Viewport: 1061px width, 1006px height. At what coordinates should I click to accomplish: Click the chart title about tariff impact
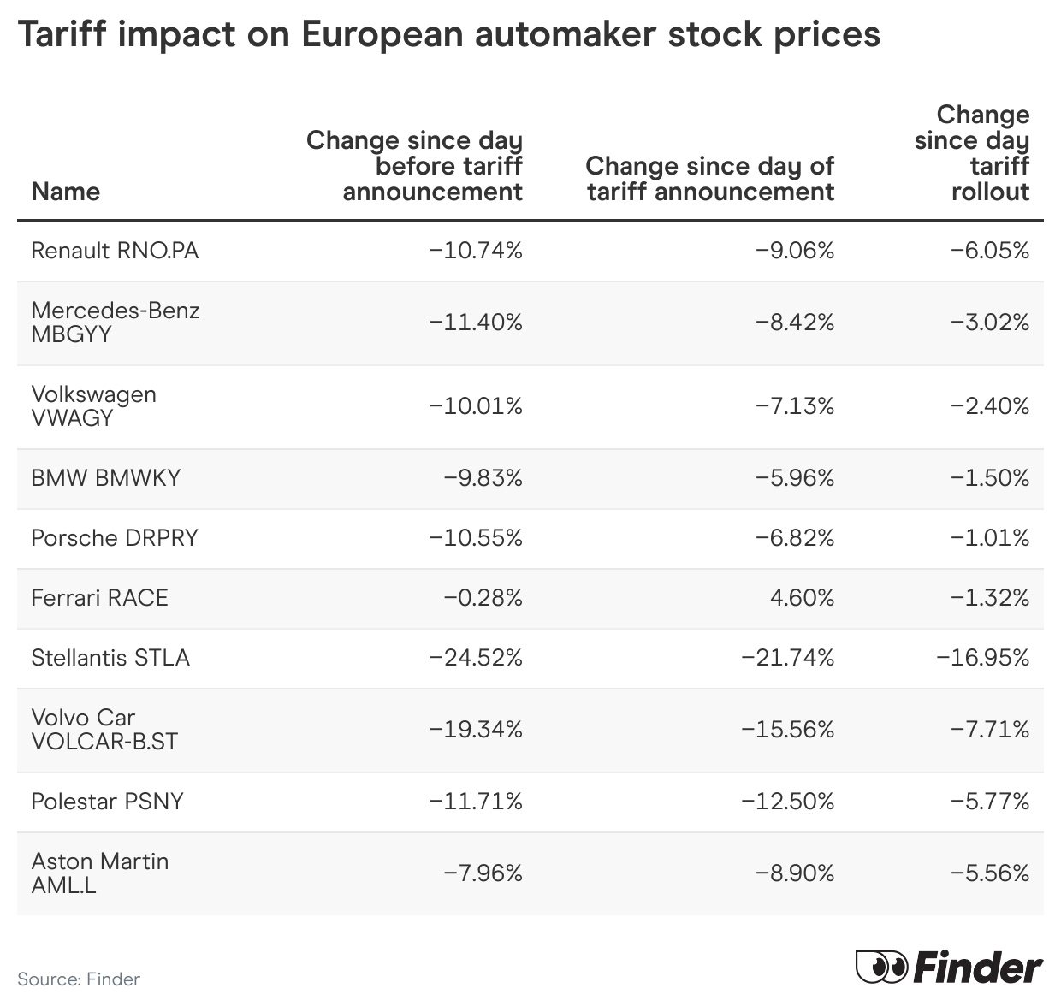click(x=448, y=34)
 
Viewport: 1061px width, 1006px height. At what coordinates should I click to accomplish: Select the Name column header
click(x=65, y=191)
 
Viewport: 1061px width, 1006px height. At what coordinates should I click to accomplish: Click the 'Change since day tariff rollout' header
click(x=972, y=153)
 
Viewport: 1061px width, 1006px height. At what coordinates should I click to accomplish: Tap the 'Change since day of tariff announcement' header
click(x=709, y=178)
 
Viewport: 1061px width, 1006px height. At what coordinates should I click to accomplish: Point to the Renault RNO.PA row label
click(x=115, y=251)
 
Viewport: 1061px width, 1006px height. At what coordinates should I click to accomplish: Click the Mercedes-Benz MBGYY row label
click(x=115, y=322)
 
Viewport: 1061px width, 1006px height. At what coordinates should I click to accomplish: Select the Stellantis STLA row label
click(x=110, y=658)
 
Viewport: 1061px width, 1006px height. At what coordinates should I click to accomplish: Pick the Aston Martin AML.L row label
click(x=99, y=873)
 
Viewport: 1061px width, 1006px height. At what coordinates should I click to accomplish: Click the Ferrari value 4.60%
click(x=802, y=598)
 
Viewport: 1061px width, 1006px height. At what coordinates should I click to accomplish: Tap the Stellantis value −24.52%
click(x=476, y=658)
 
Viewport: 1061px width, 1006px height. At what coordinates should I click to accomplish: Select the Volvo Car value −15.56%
click(x=787, y=730)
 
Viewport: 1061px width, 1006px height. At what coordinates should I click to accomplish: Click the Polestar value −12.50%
click(x=787, y=802)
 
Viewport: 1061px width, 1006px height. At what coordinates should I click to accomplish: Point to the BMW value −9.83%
click(x=483, y=478)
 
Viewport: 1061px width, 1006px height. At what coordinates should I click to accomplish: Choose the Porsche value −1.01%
click(x=990, y=538)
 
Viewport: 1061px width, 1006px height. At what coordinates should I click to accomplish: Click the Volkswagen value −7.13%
click(x=794, y=406)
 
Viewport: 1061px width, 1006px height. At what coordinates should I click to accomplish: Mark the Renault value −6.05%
click(x=990, y=251)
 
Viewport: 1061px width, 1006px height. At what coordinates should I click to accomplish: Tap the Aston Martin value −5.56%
click(x=990, y=873)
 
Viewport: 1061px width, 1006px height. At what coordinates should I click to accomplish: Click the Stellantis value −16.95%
click(x=983, y=658)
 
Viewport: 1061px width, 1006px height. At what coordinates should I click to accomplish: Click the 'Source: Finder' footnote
click(x=79, y=979)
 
